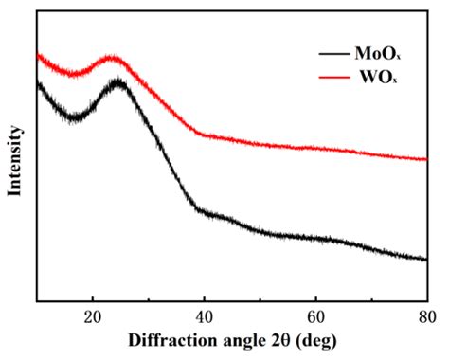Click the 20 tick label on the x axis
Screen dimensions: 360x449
tap(93, 315)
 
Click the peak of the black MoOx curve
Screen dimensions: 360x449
tap(117, 82)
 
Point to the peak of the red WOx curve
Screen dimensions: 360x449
tap(114, 59)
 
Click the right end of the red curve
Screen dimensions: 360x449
tap(426, 159)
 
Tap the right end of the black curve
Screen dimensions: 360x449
tap(426, 259)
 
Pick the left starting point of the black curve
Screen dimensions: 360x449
tap(38, 84)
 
